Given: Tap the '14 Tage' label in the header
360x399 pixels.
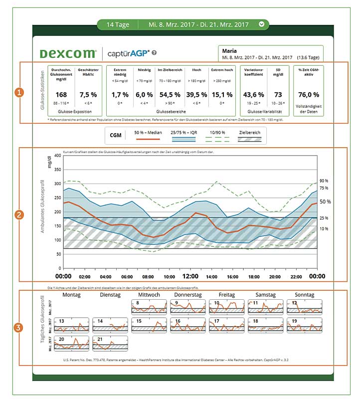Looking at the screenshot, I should [115, 24].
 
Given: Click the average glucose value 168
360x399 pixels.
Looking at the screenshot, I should [61, 95].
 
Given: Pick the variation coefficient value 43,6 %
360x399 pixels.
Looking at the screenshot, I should [253, 95].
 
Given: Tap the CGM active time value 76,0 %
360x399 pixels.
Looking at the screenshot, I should [308, 95].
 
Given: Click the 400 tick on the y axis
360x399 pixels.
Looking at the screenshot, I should [57, 156].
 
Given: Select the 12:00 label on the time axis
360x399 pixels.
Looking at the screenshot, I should [190, 276].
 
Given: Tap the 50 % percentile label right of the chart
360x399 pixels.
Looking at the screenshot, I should [325, 201].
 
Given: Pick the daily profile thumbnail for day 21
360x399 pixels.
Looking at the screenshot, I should [111, 344].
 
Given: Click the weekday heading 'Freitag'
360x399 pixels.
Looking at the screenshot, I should [227, 295].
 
